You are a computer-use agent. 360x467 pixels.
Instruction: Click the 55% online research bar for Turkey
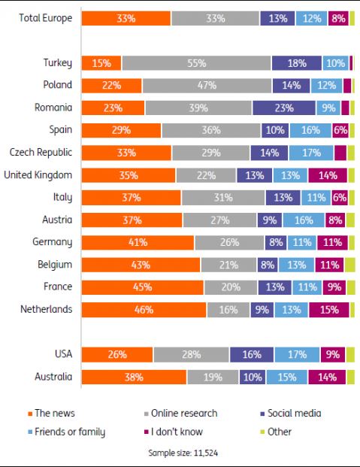[x=196, y=63]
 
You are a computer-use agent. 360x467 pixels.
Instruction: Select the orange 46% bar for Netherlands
[x=144, y=310]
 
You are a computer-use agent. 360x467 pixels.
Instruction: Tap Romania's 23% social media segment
[x=284, y=108]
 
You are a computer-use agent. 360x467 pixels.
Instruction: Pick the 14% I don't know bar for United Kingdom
[x=328, y=175]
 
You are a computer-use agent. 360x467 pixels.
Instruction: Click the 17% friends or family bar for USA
[x=297, y=354]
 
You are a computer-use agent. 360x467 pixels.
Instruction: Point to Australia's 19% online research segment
[x=213, y=377]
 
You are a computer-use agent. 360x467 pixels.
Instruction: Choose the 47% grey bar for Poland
[x=207, y=86]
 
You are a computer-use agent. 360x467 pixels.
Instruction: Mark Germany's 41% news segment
[x=138, y=242]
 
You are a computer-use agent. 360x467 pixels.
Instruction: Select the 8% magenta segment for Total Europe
[x=338, y=18]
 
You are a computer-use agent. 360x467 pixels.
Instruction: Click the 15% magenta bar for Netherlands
[x=329, y=310]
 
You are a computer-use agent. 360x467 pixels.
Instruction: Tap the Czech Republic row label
[x=41, y=152]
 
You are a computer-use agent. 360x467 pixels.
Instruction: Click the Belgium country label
[x=55, y=265]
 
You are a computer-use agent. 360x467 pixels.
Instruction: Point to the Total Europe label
[x=46, y=18]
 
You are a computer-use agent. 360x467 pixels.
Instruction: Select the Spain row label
[x=61, y=130]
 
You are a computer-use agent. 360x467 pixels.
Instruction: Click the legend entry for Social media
[x=291, y=414]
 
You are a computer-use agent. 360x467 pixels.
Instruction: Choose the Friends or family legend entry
[x=67, y=432]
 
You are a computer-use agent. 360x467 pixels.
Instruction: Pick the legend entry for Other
[x=276, y=432]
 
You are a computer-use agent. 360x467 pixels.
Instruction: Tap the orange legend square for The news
[x=30, y=414]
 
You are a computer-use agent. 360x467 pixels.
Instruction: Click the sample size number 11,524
[x=206, y=453]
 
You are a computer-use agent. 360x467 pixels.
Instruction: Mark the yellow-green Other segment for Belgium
[x=350, y=265]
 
